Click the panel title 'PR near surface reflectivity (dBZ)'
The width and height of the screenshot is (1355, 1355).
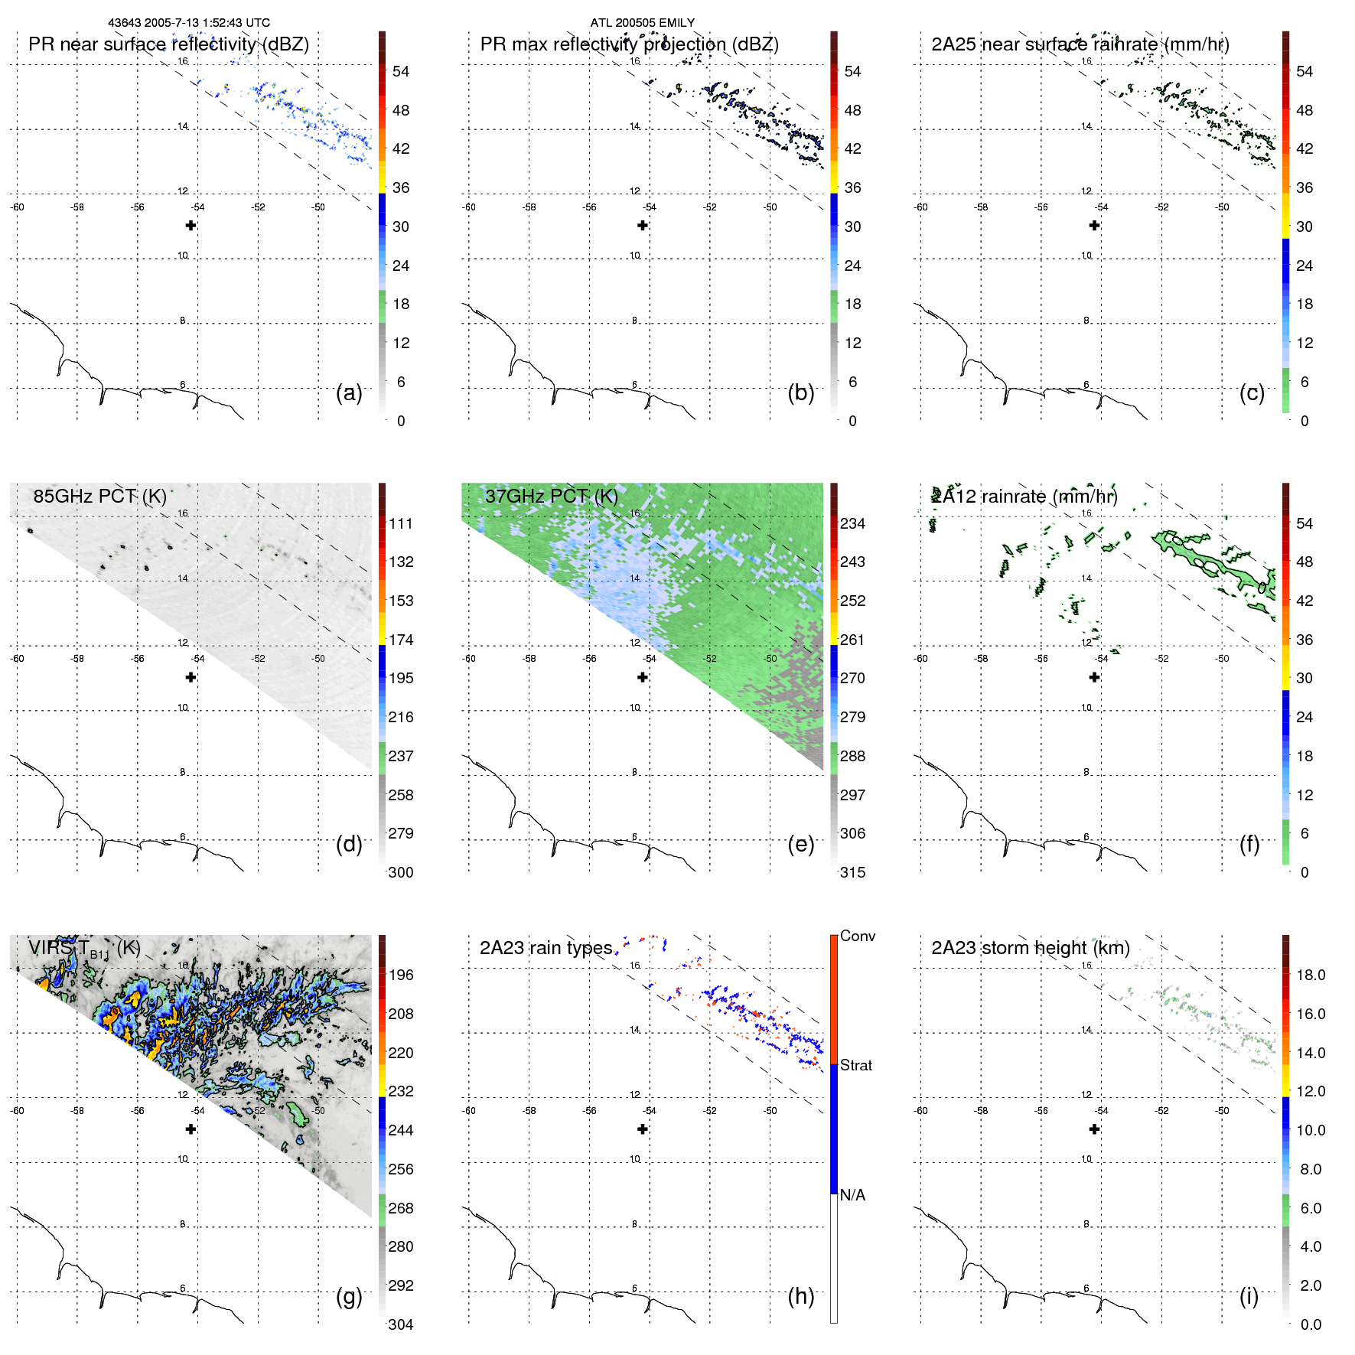(x=168, y=44)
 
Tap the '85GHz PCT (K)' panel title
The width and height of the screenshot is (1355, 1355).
(x=99, y=497)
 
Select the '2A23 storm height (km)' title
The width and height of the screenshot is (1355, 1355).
(x=1031, y=948)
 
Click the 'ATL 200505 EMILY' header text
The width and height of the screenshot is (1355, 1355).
(x=642, y=23)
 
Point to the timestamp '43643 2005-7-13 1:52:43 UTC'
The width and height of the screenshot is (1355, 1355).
(x=188, y=23)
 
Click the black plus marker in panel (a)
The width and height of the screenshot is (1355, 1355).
(x=191, y=225)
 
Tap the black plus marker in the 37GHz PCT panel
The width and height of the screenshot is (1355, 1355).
(x=643, y=677)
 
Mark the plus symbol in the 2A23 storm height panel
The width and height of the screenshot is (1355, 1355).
(x=1094, y=1129)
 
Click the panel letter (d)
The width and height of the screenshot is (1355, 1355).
(x=349, y=844)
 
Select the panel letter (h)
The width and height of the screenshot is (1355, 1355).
(x=800, y=1295)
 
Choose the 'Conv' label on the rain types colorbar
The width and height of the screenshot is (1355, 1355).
(x=857, y=936)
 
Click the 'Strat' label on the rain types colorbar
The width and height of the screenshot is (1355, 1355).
(x=855, y=1065)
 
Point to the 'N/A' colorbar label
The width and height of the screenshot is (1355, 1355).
(x=852, y=1195)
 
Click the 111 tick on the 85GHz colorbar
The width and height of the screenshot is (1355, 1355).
(x=401, y=523)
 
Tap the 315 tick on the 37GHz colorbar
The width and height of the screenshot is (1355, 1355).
(x=852, y=872)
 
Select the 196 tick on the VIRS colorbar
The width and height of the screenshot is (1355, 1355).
(x=401, y=975)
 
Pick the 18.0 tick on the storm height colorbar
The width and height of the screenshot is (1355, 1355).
(x=1310, y=975)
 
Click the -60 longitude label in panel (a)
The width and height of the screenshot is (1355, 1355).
(x=17, y=207)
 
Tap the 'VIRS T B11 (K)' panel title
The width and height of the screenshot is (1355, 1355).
(x=84, y=949)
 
